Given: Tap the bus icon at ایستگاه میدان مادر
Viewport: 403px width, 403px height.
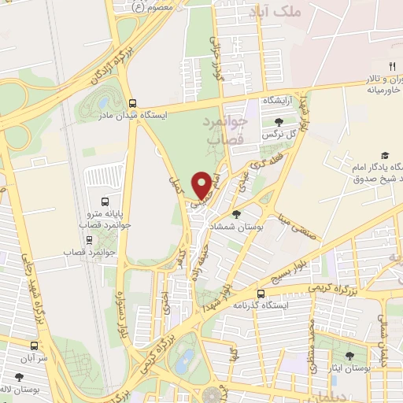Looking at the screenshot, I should click(132, 102).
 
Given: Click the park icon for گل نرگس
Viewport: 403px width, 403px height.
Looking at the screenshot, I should click(279, 121).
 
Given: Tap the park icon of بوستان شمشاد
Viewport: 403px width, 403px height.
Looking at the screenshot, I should click(236, 213).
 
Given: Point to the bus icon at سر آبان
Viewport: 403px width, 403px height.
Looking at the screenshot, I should click(34, 346).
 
